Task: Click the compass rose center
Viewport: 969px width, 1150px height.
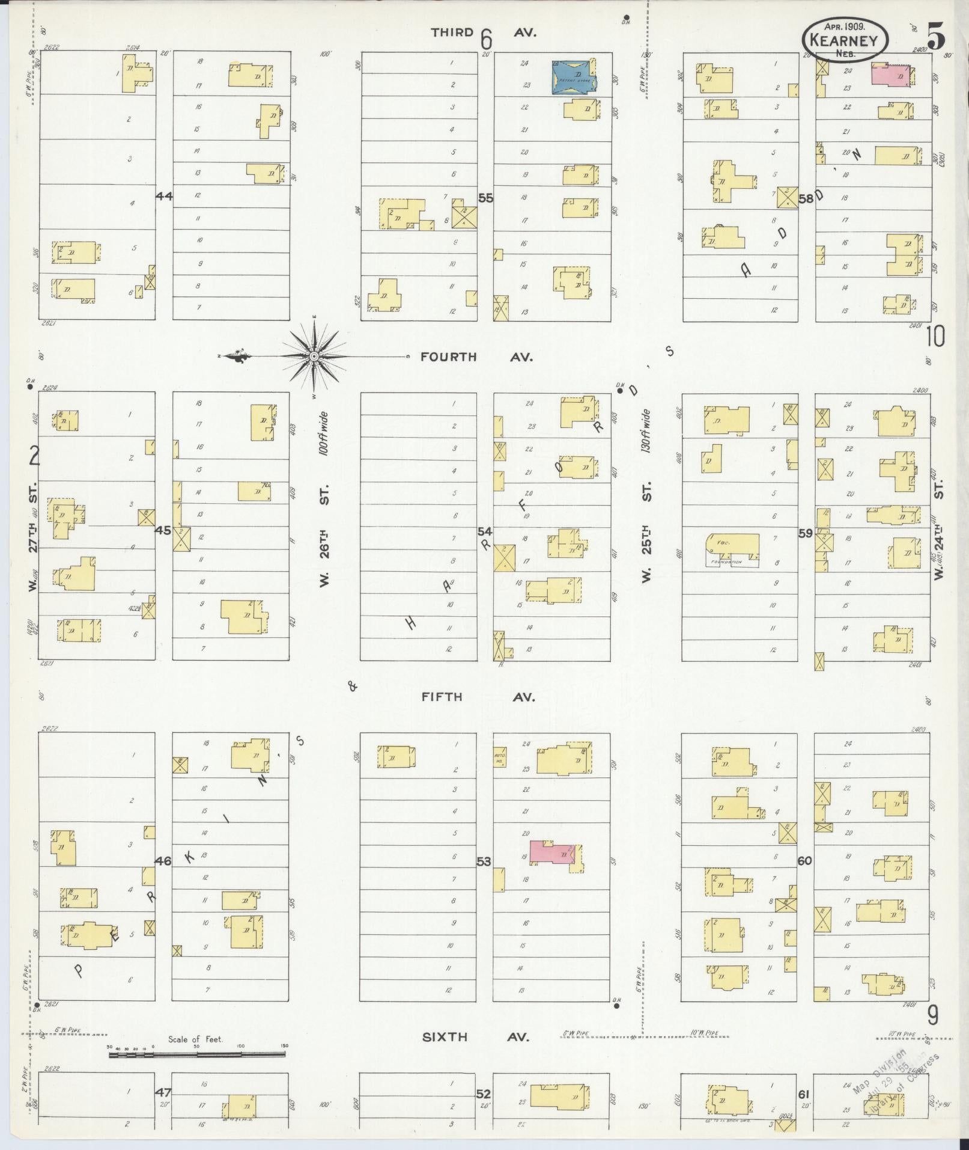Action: point(314,356)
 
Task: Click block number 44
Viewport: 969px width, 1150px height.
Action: point(163,196)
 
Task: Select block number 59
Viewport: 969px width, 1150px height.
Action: point(805,533)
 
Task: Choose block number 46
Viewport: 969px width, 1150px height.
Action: point(163,861)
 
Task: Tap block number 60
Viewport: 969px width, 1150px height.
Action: point(805,861)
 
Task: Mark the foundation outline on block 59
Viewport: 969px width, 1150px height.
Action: point(732,550)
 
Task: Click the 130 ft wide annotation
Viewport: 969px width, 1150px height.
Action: point(646,430)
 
